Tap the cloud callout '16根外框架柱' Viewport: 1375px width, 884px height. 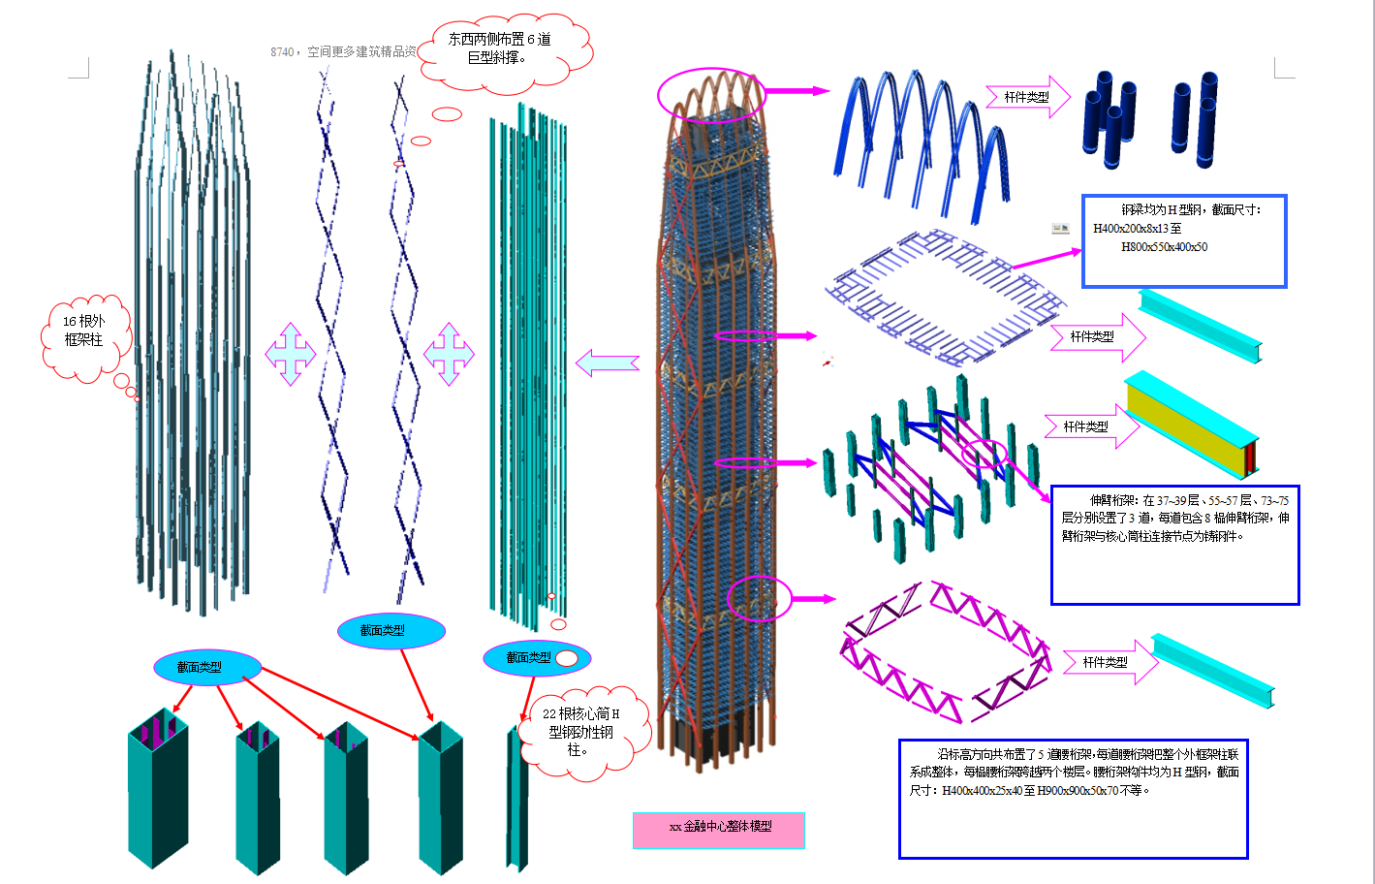tap(83, 332)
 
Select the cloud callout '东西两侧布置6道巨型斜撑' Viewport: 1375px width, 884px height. tap(503, 49)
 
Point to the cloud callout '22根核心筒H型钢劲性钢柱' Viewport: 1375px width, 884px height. tap(580, 731)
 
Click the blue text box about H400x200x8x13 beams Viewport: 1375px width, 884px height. tap(1183, 240)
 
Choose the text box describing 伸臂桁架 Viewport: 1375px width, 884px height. tap(1174, 545)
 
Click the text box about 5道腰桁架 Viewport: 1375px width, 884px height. tap(1073, 798)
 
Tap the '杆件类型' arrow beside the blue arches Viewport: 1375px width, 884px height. tap(1027, 97)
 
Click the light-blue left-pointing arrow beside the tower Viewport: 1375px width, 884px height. tap(608, 363)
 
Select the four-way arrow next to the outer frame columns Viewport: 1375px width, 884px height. tap(291, 354)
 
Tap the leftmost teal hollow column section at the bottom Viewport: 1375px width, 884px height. tap(157, 790)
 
